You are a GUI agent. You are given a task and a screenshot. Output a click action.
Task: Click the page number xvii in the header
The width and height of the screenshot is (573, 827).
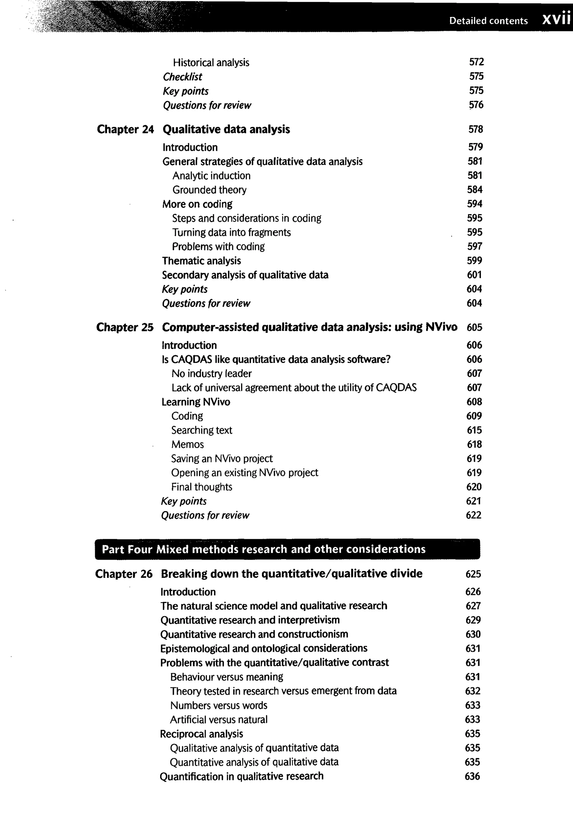(556, 19)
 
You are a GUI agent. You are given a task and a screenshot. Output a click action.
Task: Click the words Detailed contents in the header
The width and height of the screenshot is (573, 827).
(488, 21)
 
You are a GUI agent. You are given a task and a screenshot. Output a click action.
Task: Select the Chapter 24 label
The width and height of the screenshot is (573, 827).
(125, 129)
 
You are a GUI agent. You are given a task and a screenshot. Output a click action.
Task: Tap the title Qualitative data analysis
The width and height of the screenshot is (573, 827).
(226, 129)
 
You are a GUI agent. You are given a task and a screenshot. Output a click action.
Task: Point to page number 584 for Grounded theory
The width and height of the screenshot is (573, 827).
(475, 190)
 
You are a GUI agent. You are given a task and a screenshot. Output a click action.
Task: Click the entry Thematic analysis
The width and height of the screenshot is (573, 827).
(201, 261)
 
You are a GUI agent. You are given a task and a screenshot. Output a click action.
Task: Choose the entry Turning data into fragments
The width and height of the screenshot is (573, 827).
(231, 233)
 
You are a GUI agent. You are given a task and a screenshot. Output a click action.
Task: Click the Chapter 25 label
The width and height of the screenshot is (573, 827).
(125, 327)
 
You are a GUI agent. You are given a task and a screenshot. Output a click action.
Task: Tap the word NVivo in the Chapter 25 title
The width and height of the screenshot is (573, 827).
(441, 327)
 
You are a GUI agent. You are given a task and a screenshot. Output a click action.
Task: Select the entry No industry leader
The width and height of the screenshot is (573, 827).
(212, 374)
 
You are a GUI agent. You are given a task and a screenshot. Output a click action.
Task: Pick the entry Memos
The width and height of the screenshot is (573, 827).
(187, 444)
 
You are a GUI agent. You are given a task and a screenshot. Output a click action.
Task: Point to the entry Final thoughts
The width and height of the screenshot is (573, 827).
(201, 487)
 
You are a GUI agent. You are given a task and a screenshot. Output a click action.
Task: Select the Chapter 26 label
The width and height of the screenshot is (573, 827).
(124, 574)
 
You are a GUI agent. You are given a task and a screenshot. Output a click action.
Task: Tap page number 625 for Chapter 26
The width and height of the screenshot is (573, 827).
(473, 574)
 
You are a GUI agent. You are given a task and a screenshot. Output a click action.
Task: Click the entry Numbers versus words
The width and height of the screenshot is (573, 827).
(219, 705)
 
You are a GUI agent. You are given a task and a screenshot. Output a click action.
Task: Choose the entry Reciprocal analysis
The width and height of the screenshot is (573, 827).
(201, 734)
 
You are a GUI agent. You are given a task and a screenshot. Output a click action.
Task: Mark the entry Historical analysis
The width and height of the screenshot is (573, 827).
(211, 62)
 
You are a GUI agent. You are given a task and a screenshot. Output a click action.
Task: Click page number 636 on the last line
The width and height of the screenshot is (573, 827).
(472, 776)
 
